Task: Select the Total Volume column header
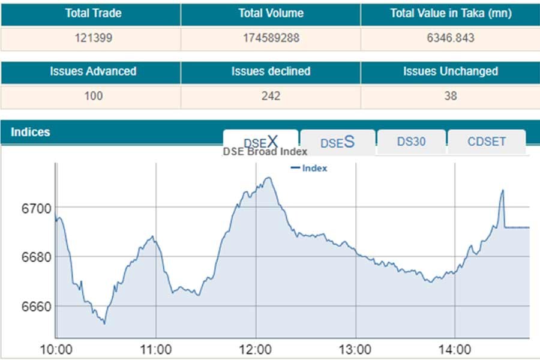click(x=271, y=14)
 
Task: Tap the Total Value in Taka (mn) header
click(x=450, y=14)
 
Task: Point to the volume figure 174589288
click(x=271, y=38)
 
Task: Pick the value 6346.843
click(x=450, y=38)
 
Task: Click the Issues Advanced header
click(x=93, y=71)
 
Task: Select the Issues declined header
click(x=271, y=71)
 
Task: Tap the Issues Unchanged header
click(x=450, y=71)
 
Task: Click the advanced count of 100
click(x=94, y=96)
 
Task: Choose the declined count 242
click(x=271, y=96)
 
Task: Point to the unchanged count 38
click(x=450, y=96)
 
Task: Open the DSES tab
click(x=337, y=143)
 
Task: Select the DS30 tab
click(x=412, y=142)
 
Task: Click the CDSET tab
click(x=487, y=142)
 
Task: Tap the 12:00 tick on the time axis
click(x=256, y=349)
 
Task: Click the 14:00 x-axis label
click(x=455, y=349)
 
